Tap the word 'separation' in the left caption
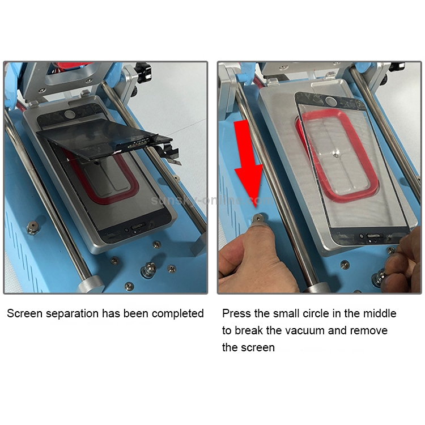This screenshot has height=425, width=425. pyautogui.click(x=73, y=314)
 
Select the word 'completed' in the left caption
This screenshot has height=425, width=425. pyautogui.click(x=177, y=314)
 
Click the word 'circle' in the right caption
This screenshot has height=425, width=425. pyautogui.click(x=316, y=313)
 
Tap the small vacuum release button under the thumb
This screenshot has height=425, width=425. pyautogui.click(x=258, y=218)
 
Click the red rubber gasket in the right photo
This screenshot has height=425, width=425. pyautogui.click(x=336, y=157)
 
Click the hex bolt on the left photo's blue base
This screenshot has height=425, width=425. pyautogui.click(x=32, y=228)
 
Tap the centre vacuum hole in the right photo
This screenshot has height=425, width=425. pyautogui.click(x=337, y=156)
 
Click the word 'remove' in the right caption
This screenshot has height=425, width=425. pyautogui.click(x=369, y=331)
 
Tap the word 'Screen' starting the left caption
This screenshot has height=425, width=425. pyautogui.click(x=25, y=313)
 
